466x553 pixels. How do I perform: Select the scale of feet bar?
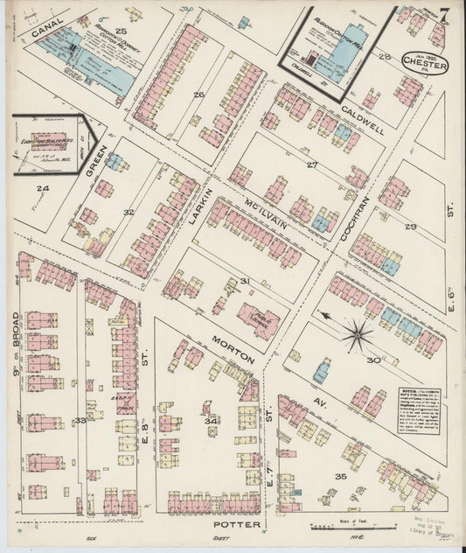pos(345,527)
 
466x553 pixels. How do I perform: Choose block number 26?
pos(198,94)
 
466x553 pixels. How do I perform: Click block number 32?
pos(129,212)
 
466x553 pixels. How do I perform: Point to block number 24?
pos(42,187)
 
